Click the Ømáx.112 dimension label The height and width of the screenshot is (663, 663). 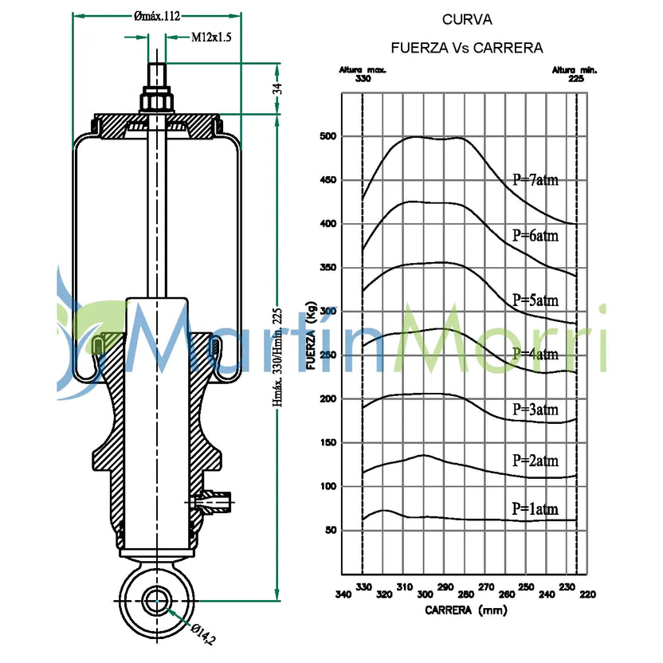tap(157, 16)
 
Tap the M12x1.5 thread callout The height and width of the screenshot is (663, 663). tap(211, 37)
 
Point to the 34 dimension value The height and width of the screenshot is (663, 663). tap(277, 88)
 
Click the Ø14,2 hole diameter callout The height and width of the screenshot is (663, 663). tap(203, 634)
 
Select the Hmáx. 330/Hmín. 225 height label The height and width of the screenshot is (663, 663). tap(277, 357)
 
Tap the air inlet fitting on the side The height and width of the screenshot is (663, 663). tap(211, 501)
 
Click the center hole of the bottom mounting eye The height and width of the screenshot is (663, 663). tap(157, 601)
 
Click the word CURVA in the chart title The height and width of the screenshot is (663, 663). tap(467, 20)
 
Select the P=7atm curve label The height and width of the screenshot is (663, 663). tap(535, 180)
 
